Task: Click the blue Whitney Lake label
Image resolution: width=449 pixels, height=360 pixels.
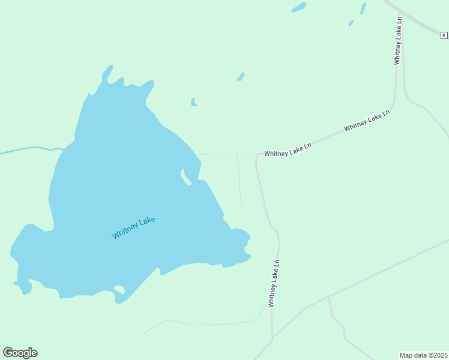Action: [133, 227]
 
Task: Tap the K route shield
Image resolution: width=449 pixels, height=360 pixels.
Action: [444, 35]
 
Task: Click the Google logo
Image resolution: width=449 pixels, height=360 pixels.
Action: [20, 352]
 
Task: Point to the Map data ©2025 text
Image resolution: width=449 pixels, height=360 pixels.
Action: [423, 355]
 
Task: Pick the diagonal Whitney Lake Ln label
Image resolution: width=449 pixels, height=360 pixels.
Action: [367, 120]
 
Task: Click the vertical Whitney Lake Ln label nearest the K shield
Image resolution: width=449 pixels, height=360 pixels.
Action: [398, 40]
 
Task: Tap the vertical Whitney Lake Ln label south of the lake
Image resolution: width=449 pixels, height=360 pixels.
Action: [274, 283]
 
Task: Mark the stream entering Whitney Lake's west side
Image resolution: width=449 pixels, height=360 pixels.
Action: [30, 149]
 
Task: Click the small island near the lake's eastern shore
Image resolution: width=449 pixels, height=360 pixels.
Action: [186, 177]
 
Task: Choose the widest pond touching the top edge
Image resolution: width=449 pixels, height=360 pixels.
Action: [298, 7]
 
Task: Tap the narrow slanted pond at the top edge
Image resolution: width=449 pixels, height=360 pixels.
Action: [363, 8]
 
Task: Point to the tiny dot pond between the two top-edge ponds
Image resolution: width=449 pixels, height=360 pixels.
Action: [351, 23]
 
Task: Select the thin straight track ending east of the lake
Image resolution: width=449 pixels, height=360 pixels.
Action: [240, 180]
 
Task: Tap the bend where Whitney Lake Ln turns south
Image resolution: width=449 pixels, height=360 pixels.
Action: [258, 155]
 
